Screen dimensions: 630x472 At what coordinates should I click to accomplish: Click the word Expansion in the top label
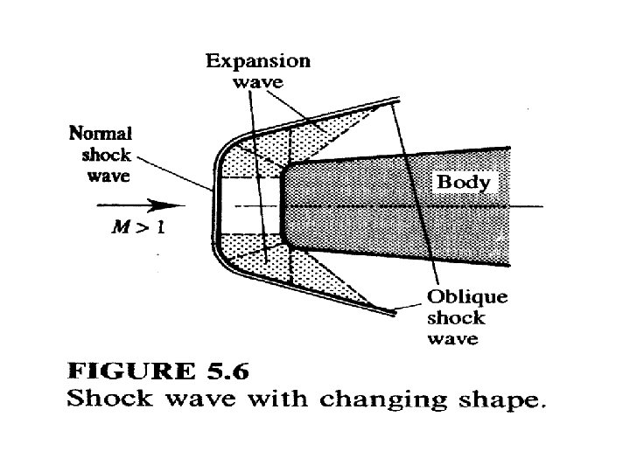point(258,61)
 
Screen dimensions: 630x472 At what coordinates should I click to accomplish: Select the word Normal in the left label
point(100,134)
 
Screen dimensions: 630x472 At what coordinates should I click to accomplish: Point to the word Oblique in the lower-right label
point(466,296)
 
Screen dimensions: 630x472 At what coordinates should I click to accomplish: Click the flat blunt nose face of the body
point(282,206)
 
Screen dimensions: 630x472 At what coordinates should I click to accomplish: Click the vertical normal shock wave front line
point(214,206)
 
